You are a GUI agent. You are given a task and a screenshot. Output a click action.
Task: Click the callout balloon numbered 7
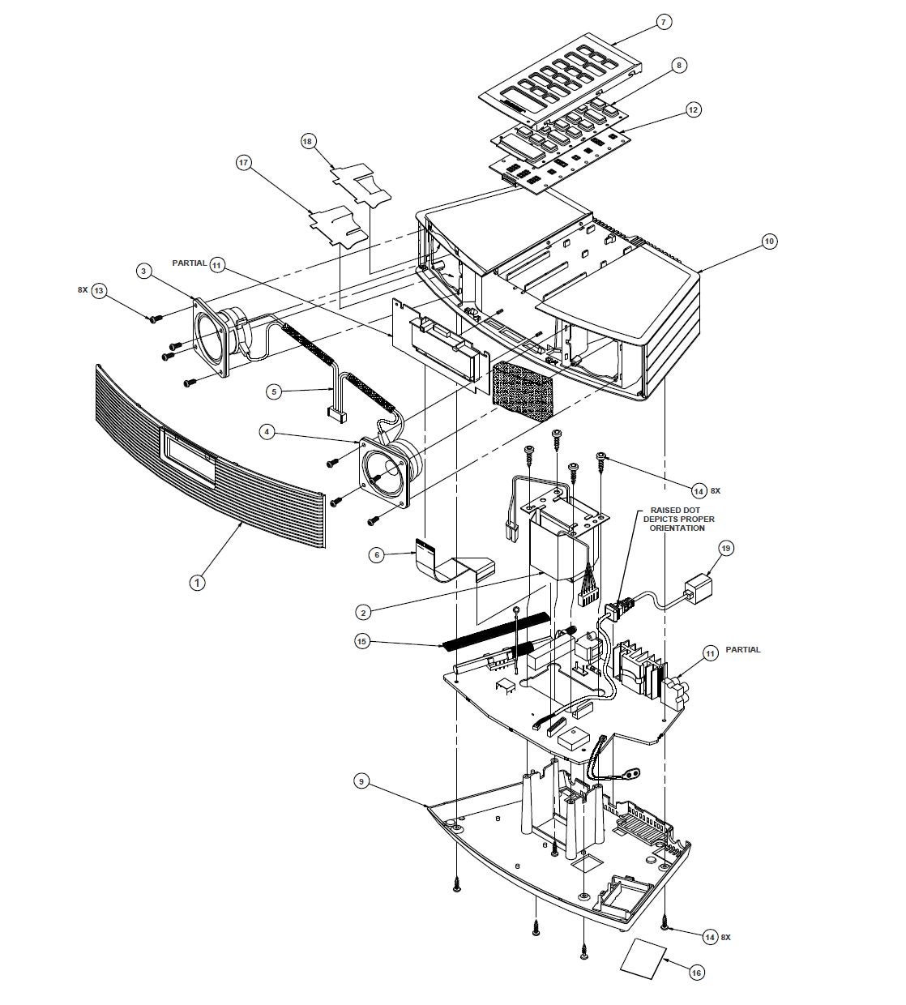click(664, 23)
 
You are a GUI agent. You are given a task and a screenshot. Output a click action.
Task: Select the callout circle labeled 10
click(769, 242)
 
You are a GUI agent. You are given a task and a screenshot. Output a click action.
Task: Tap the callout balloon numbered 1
click(198, 583)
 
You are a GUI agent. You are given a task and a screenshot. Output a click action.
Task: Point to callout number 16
click(696, 973)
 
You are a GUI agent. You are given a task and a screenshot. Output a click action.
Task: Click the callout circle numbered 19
click(726, 549)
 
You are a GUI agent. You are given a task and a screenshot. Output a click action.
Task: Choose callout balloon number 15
click(363, 641)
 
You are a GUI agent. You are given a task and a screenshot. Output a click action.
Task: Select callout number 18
click(307, 141)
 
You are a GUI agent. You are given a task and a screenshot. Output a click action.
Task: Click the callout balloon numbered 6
click(377, 554)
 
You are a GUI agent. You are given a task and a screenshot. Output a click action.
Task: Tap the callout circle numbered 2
click(363, 612)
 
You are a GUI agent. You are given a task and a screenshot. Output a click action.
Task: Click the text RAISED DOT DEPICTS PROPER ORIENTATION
click(678, 519)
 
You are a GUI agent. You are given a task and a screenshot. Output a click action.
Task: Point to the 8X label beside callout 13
click(83, 290)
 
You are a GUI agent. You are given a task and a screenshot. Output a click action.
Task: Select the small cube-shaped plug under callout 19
click(698, 587)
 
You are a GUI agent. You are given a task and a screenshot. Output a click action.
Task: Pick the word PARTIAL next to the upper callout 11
click(190, 263)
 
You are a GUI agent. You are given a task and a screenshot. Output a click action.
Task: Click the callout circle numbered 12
click(693, 109)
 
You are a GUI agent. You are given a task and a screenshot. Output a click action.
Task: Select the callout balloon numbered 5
click(274, 391)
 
